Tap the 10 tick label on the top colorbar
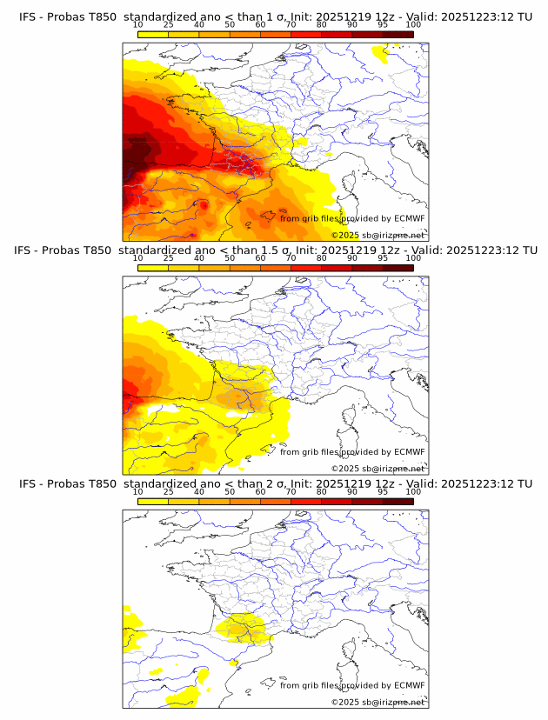point(137,24)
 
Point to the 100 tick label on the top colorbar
point(413,24)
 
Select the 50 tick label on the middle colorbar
point(230,258)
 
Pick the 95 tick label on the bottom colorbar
point(383,491)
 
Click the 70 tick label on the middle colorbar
point(291,258)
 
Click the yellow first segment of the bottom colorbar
point(152,501)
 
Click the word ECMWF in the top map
point(409,218)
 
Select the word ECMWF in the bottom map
point(409,685)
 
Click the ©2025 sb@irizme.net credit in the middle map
point(378,469)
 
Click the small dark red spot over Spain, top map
point(203,205)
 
